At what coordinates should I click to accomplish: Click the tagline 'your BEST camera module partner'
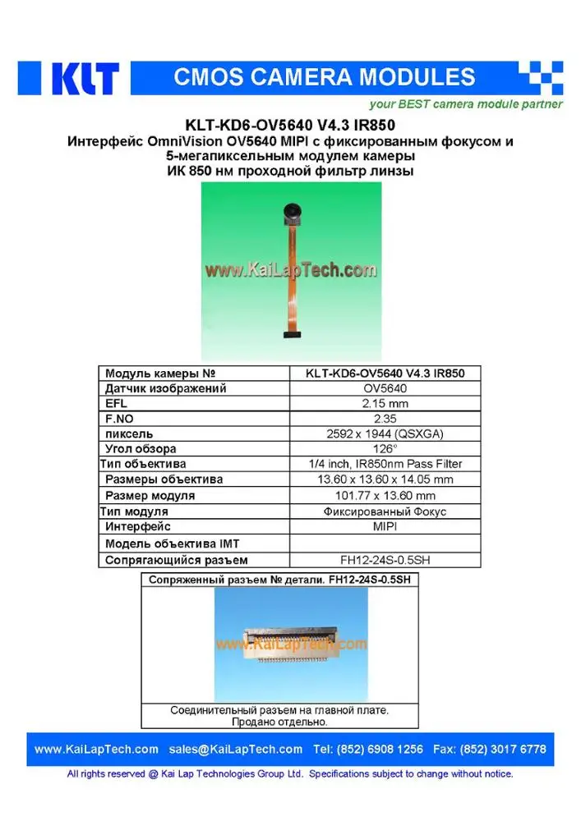click(465, 104)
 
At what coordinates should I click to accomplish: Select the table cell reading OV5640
click(385, 388)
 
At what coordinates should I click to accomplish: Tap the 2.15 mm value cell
click(385, 404)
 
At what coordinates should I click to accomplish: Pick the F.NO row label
click(118, 419)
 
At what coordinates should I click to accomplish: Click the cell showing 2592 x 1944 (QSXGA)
click(385, 433)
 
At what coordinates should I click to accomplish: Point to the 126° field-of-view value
click(385, 449)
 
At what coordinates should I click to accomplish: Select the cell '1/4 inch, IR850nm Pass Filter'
click(385, 464)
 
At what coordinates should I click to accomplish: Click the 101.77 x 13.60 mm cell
click(385, 495)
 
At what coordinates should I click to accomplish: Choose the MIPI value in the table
click(385, 526)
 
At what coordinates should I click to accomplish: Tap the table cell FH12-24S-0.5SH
click(385, 561)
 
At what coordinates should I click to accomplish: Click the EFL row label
click(116, 404)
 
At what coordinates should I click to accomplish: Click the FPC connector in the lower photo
click(288, 645)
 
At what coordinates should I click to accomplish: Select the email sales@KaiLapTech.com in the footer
click(236, 749)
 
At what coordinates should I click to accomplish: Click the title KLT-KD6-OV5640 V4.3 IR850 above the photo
click(290, 126)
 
